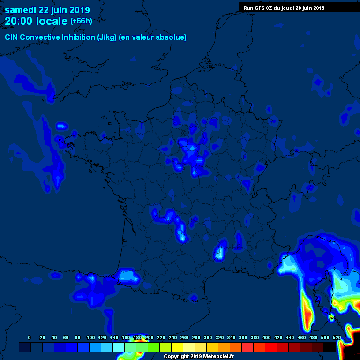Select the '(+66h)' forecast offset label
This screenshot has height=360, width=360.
(81, 21)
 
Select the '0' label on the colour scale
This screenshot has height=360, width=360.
(30, 337)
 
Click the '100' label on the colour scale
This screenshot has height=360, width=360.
(90, 337)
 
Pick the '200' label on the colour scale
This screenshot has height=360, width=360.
(149, 337)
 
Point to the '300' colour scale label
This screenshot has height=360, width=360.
(208, 337)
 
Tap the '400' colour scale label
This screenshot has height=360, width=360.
(266, 337)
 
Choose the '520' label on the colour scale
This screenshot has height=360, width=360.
(337, 337)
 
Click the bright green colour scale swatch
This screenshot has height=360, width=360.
(154, 347)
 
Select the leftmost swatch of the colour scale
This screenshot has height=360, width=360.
(25, 347)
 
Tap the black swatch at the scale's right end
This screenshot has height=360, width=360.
(330, 347)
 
